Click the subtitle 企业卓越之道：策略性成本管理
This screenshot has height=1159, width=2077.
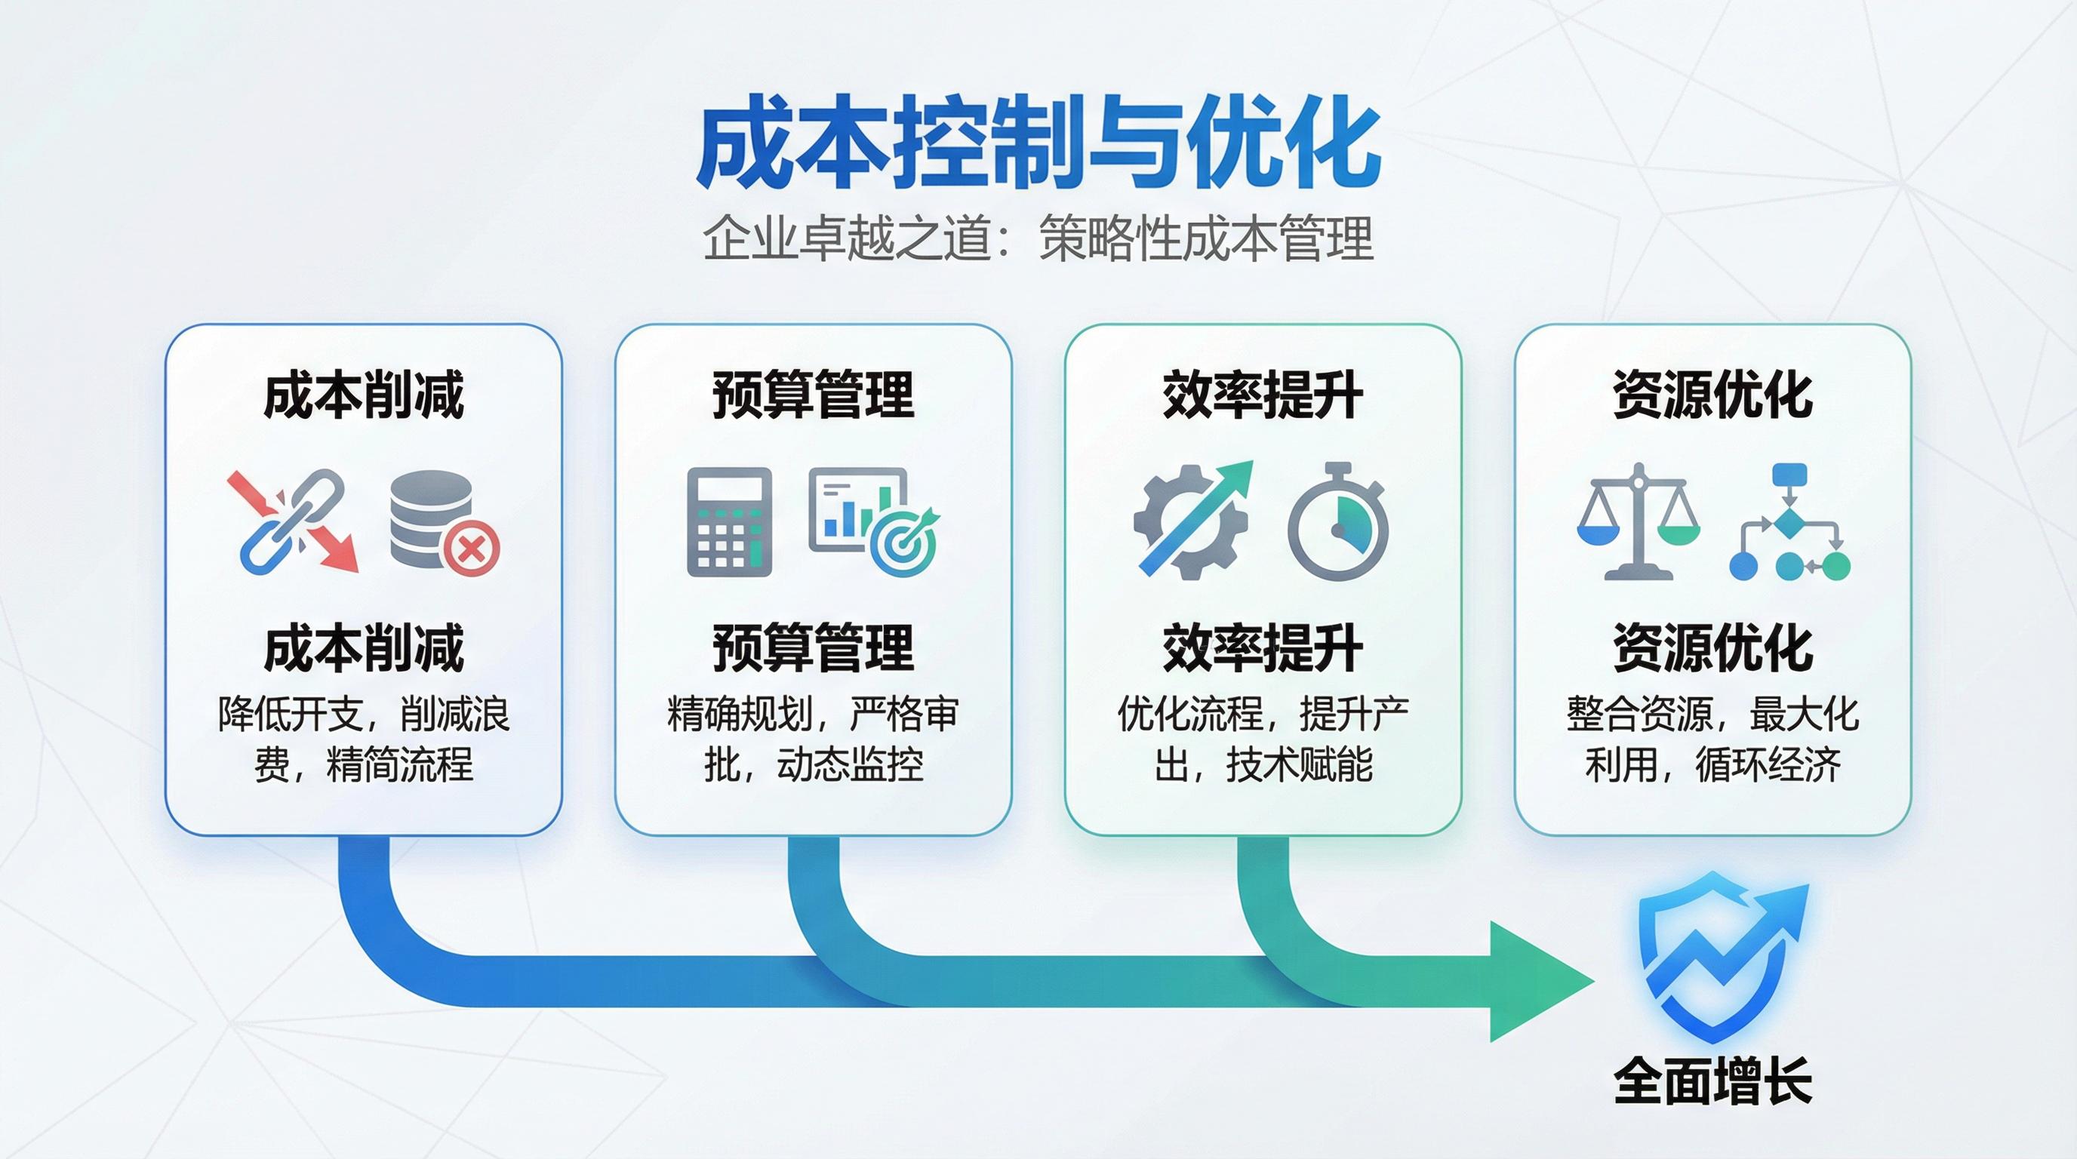click(1038, 238)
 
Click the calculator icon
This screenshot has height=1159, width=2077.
click(729, 521)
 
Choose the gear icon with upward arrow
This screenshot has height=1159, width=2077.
click(1192, 520)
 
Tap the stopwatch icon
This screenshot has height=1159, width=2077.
click(1337, 521)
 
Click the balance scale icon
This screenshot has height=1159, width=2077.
click(1638, 521)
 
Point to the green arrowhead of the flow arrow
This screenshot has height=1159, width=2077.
click(1536, 981)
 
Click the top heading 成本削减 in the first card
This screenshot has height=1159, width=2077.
click(364, 395)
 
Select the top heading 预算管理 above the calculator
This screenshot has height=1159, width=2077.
click(813, 395)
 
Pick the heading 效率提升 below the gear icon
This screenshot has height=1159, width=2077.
click(1263, 648)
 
